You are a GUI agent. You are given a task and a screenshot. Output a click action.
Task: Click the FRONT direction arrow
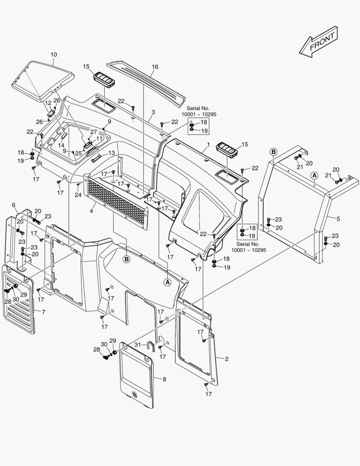pyautogui.click(x=319, y=42)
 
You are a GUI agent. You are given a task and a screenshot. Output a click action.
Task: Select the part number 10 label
pyautogui.click(x=53, y=55)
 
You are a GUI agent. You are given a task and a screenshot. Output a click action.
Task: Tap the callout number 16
pyautogui.click(x=155, y=67)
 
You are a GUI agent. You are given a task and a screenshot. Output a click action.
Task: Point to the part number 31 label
pyautogui.click(x=138, y=344)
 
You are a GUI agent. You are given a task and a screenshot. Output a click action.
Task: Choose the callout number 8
pyautogui.click(x=164, y=379)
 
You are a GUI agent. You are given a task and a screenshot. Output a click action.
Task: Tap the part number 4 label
pyautogui.click(x=91, y=211)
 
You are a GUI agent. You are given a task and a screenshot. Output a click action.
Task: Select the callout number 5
pyautogui.click(x=338, y=219)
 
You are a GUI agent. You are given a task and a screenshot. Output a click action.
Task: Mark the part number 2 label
pyautogui.click(x=227, y=359)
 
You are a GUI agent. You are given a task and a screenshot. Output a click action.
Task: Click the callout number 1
pyautogui.click(x=208, y=144)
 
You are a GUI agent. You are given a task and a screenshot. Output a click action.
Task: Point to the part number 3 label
pyautogui.click(x=153, y=112)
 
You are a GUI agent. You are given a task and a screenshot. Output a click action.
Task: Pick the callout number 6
pyautogui.click(x=13, y=205)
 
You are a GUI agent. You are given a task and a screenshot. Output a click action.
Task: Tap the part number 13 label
pyautogui.click(x=112, y=153)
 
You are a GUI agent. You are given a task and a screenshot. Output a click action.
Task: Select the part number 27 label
pyautogui.click(x=94, y=132)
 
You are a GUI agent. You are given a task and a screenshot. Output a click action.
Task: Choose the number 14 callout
pyautogui.click(x=62, y=145)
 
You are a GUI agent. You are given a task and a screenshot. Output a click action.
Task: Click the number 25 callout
pyautogui.click(x=78, y=153)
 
